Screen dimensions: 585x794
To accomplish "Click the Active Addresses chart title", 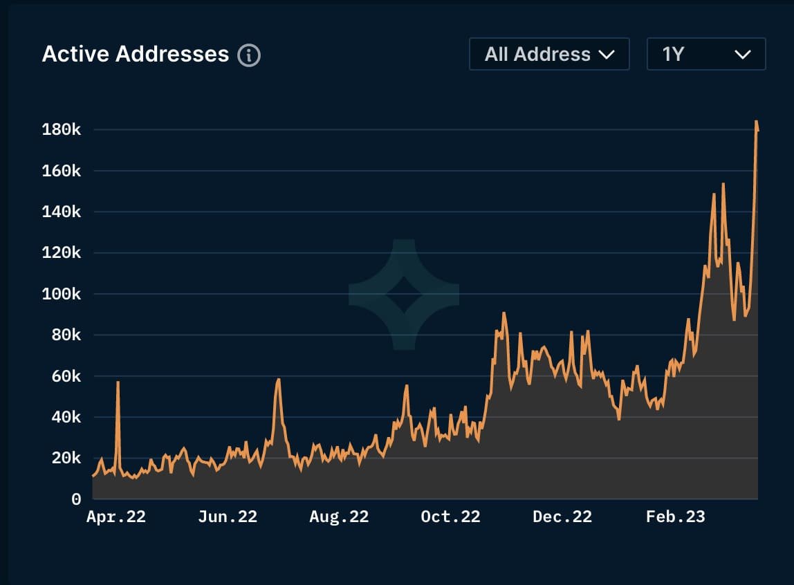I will point(136,54).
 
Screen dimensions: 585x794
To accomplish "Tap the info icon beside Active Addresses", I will point(249,55).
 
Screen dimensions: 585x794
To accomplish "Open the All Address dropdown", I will point(549,54).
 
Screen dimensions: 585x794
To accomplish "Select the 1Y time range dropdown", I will point(705,54).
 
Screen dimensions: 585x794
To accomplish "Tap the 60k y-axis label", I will point(62,376).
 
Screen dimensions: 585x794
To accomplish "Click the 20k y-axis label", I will point(62,458).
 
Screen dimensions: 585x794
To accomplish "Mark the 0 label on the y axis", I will point(76,499).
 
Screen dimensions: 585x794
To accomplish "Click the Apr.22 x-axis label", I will point(116,517).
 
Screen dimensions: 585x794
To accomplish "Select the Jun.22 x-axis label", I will point(228,517).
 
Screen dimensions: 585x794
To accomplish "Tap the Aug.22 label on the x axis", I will point(339,517).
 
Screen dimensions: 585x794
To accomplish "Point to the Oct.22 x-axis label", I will point(450,517).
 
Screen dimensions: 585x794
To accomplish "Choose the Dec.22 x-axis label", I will point(562,517).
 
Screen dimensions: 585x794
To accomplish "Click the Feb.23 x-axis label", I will point(675,517).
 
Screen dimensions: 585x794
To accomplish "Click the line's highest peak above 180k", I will point(756,122).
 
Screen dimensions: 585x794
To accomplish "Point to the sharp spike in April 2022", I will point(118,382).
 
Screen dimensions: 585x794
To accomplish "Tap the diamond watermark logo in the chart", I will point(404,295).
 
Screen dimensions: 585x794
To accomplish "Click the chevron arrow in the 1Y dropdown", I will point(743,55).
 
